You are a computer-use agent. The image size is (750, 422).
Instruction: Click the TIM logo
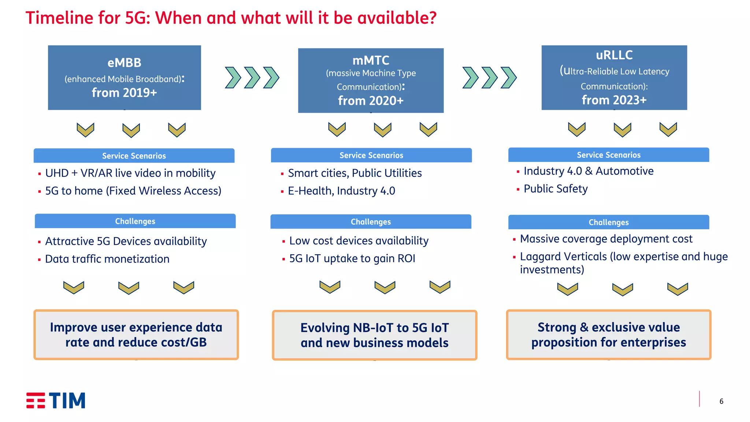coord(56,400)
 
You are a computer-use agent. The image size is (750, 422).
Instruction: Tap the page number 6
coord(721,401)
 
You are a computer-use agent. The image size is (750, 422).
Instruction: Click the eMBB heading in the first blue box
coord(124,63)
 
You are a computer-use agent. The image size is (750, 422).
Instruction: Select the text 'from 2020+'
coord(371,100)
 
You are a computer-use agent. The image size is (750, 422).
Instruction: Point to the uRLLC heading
coord(614,55)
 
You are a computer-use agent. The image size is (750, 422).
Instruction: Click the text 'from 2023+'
coord(614,100)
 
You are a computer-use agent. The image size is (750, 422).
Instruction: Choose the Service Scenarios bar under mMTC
coord(371,155)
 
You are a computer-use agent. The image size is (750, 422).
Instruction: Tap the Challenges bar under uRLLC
coord(608,222)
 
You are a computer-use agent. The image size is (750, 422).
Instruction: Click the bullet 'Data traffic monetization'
coord(107,259)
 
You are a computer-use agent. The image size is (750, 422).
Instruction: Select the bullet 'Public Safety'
coord(555,189)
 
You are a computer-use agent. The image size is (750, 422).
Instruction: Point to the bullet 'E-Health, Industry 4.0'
coord(341,191)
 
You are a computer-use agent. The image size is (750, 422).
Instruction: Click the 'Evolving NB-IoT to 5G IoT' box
coord(374,335)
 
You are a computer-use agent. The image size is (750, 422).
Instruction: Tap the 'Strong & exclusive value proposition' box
coord(608,335)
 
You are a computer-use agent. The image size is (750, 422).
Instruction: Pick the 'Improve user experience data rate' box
coord(136,335)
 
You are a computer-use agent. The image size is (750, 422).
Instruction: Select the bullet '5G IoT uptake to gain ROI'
coord(352,259)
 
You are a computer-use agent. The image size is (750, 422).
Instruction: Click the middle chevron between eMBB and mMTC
coord(252,78)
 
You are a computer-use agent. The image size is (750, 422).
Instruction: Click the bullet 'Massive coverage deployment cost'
coord(606,239)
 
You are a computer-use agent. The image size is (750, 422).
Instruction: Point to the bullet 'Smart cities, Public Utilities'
coord(354,173)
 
